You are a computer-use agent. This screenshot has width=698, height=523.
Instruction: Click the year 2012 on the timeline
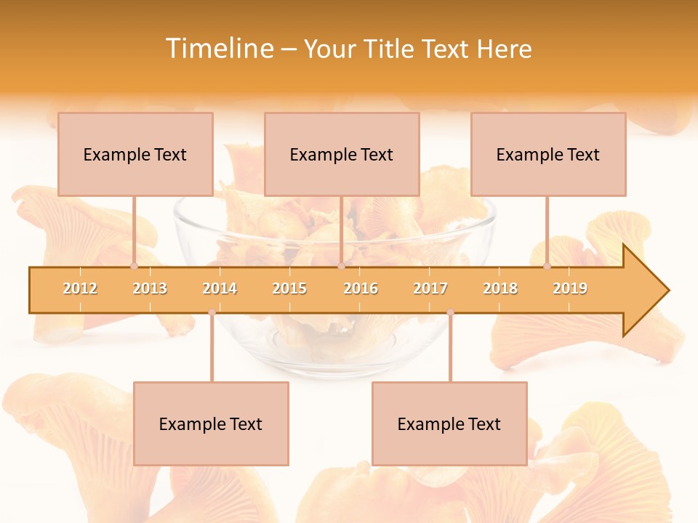pyautogui.click(x=80, y=288)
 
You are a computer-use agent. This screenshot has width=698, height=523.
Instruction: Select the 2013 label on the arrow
pyautogui.click(x=150, y=288)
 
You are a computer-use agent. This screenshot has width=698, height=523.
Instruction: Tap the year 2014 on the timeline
pyautogui.click(x=220, y=288)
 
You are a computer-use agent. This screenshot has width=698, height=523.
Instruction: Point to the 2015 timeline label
pyautogui.click(x=289, y=288)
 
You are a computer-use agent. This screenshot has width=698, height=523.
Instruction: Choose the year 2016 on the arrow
pyautogui.click(x=361, y=288)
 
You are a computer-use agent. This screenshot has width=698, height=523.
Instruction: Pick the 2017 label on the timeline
pyautogui.click(x=430, y=288)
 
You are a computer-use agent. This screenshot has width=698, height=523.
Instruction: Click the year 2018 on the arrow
pyautogui.click(x=500, y=288)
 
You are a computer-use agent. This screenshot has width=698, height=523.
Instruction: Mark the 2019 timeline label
pyautogui.click(x=570, y=288)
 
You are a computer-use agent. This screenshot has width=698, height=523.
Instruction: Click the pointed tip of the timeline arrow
pyautogui.click(x=667, y=291)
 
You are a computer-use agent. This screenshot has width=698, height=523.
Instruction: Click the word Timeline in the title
pyautogui.click(x=218, y=49)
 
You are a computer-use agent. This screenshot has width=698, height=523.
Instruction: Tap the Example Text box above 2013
pyautogui.click(x=135, y=154)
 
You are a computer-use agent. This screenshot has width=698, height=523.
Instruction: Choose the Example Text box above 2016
pyautogui.click(x=342, y=154)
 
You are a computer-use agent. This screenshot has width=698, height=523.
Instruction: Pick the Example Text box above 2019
pyautogui.click(x=548, y=154)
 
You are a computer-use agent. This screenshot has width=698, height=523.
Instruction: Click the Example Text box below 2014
pyautogui.click(x=211, y=423)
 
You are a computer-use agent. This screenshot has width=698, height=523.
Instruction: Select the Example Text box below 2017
pyautogui.click(x=449, y=423)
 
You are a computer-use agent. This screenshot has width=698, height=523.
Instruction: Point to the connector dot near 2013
pyautogui.click(x=134, y=266)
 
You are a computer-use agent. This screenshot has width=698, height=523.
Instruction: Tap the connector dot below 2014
pyautogui.click(x=212, y=312)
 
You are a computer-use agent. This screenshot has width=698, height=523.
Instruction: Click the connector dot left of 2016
pyautogui.click(x=341, y=266)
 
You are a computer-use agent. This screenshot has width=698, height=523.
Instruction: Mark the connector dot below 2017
pyautogui.click(x=450, y=312)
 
